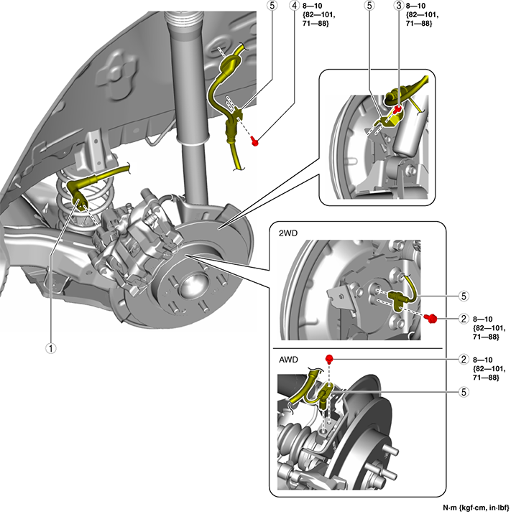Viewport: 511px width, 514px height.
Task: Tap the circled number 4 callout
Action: [x=295, y=6]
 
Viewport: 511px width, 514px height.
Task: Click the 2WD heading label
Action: [x=286, y=233]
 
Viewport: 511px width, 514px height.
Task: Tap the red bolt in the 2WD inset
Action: [x=432, y=318]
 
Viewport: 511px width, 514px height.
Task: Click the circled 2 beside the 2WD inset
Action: [x=464, y=317]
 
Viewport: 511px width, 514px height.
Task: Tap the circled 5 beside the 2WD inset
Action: [x=464, y=295]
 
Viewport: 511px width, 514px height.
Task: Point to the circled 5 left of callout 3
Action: [x=369, y=6]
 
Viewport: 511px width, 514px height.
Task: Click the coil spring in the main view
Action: [x=72, y=208]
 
